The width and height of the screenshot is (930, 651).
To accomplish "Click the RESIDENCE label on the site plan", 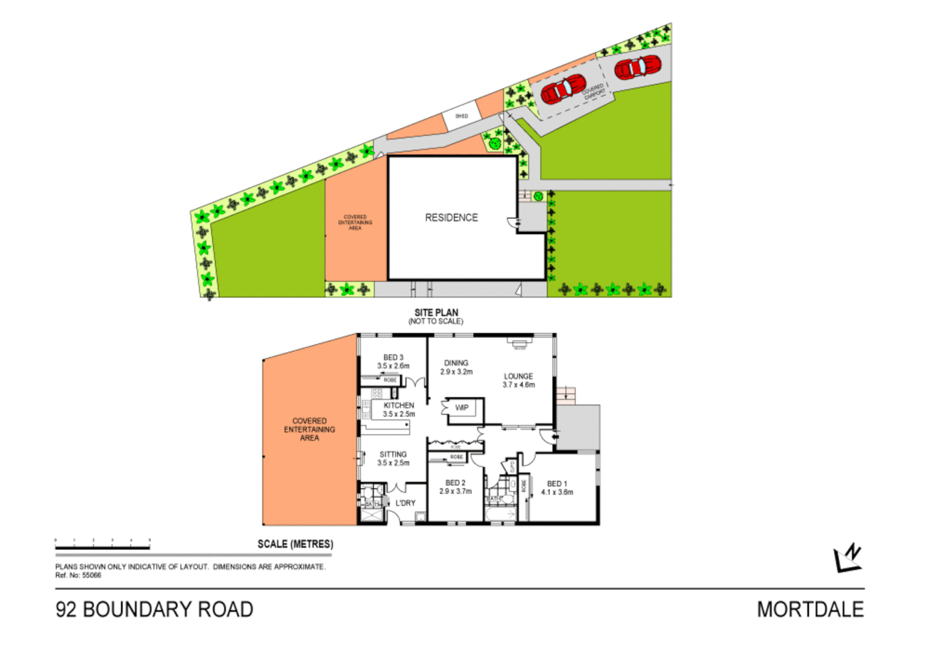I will [x=451, y=218].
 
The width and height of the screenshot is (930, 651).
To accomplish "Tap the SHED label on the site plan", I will [x=461, y=116].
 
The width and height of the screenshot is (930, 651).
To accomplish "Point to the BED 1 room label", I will [x=557, y=483].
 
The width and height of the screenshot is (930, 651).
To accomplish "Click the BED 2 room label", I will [x=455, y=483].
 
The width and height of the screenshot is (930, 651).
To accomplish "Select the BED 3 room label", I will [x=393, y=357].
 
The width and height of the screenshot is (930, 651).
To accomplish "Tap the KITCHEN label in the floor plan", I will [x=398, y=406].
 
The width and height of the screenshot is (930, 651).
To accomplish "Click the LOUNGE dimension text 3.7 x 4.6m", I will [x=518, y=385].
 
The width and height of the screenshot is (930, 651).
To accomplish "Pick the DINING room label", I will [x=456, y=363].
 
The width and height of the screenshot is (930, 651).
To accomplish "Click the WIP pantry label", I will [x=462, y=408].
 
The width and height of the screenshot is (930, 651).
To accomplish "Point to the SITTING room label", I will [x=393, y=454].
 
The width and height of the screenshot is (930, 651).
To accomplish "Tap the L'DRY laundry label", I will [x=405, y=503].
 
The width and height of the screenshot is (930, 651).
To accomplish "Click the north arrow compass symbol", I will [x=847, y=558].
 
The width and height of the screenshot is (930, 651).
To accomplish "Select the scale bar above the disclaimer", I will [x=102, y=547].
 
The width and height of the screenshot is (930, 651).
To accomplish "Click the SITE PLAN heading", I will [x=436, y=312].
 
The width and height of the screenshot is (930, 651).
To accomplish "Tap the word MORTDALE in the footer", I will [x=810, y=609].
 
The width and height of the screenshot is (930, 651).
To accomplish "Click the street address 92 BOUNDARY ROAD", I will [x=154, y=609].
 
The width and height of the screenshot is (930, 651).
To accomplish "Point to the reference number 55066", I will [x=92, y=575].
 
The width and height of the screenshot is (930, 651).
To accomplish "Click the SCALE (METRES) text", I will [x=295, y=544].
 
